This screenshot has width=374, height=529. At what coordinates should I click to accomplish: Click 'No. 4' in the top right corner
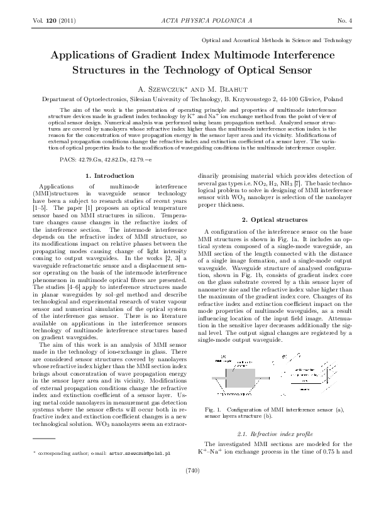point(344,21)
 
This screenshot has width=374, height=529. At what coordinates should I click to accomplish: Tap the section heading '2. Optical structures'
point(274,219)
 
